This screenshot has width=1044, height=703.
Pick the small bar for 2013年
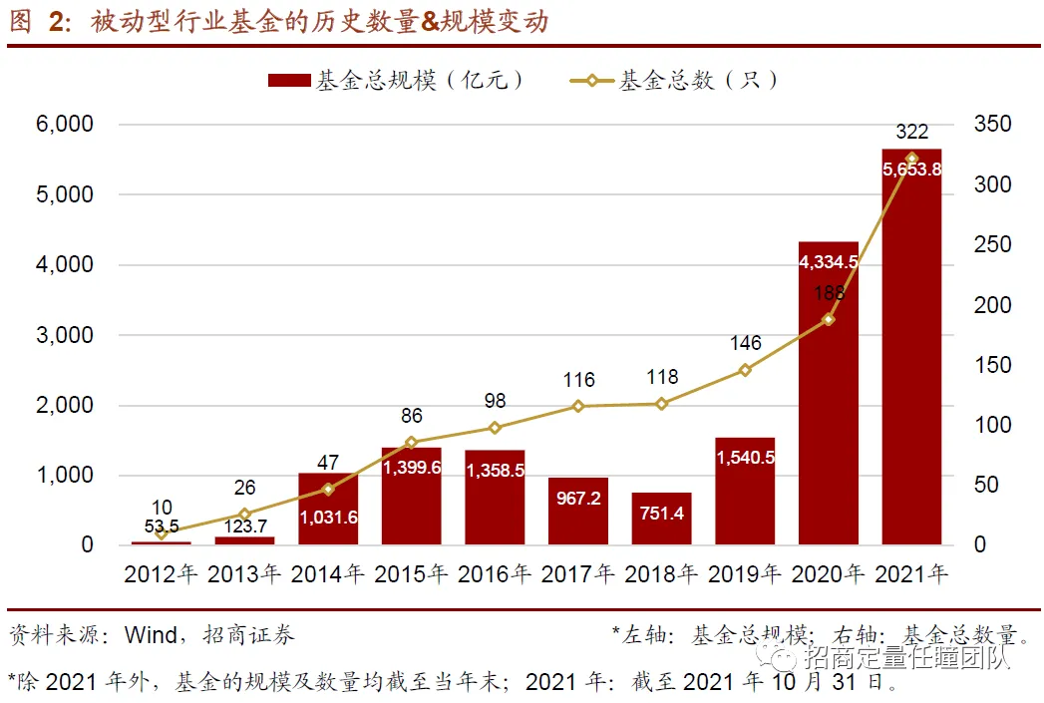click(x=244, y=540)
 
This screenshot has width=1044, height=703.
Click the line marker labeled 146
click(x=745, y=370)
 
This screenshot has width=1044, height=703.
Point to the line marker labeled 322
click(x=911, y=159)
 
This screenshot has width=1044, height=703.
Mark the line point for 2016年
click(x=495, y=428)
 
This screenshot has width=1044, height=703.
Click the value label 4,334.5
click(x=828, y=262)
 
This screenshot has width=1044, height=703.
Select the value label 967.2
click(x=578, y=498)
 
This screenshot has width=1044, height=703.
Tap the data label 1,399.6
click(x=411, y=469)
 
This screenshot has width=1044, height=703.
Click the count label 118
click(x=661, y=377)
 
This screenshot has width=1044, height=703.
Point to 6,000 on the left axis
click(x=65, y=125)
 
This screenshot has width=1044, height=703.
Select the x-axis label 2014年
click(x=328, y=574)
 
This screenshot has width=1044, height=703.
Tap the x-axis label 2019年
click(x=745, y=574)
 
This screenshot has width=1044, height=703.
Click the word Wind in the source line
click(x=151, y=634)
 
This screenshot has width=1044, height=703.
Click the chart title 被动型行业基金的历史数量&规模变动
click(x=318, y=21)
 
